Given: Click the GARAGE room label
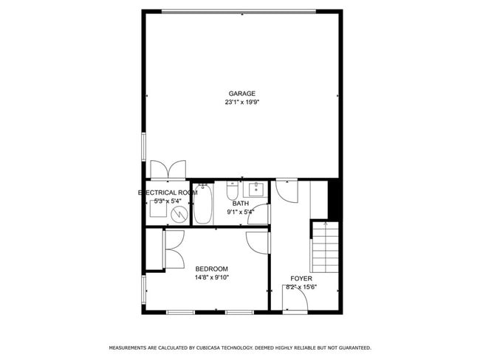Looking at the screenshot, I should (241, 94).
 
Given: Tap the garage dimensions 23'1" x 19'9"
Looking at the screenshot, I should (241, 103).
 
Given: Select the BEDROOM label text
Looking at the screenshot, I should (211, 269).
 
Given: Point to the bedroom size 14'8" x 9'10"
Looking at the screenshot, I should (212, 277).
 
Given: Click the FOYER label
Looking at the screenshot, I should (301, 278).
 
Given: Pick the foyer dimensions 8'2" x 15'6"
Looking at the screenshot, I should (301, 287).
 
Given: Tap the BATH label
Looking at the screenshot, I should (241, 204).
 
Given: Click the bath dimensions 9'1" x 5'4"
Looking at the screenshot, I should (241, 212).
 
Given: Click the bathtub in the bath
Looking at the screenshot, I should (203, 204).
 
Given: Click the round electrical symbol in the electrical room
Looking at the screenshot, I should (179, 214).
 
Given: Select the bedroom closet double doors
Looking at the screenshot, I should (173, 249).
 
